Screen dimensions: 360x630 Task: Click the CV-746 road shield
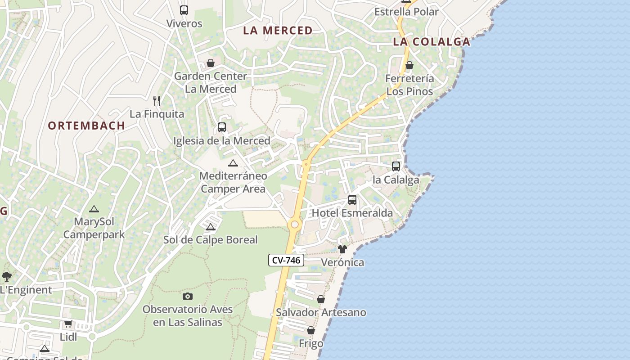(x=287, y=260)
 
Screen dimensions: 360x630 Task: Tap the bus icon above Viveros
(x=184, y=10)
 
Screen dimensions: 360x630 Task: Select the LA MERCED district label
(x=278, y=31)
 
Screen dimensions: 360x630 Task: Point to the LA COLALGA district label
(x=431, y=42)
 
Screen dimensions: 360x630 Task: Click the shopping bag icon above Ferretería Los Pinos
(x=409, y=65)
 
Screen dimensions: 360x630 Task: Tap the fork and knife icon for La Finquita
(x=157, y=100)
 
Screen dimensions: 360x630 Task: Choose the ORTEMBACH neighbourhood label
(x=86, y=126)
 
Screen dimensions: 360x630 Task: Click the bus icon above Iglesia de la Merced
(x=221, y=127)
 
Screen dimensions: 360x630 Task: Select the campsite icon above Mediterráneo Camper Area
(x=233, y=163)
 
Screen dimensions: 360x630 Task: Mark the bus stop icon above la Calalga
(x=396, y=166)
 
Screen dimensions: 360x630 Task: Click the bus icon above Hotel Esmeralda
(x=352, y=199)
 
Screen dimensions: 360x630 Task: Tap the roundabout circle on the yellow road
(x=295, y=224)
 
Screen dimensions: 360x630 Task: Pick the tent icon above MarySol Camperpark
(x=94, y=209)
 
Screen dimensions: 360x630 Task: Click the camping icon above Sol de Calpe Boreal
(x=210, y=227)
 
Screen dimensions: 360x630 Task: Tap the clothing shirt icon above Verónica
(x=342, y=249)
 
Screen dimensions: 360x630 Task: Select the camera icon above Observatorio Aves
(x=188, y=296)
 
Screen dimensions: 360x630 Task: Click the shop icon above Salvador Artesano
(x=321, y=299)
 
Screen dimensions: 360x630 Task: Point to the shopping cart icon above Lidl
(x=68, y=324)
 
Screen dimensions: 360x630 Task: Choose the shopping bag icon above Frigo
(x=310, y=331)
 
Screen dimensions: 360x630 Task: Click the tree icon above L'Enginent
(x=6, y=276)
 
